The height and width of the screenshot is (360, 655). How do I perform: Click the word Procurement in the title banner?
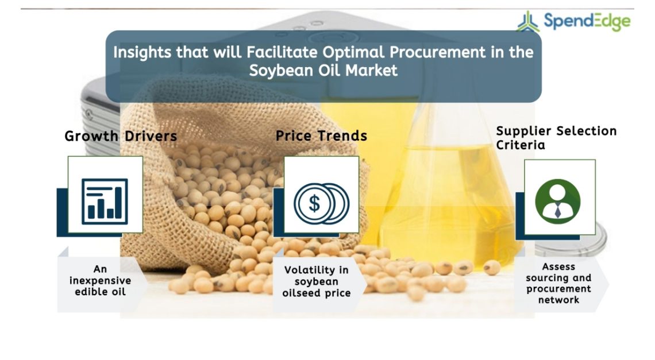(x=438, y=53)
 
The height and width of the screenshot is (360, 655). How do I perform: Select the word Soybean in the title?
(x=282, y=71)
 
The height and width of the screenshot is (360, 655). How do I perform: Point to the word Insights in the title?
(x=142, y=53)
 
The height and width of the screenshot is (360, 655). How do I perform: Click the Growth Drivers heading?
(x=121, y=136)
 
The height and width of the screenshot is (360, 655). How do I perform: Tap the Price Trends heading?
(x=321, y=136)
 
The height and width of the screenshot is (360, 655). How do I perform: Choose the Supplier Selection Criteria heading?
(x=556, y=138)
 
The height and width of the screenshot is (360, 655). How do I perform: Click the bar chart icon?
(x=105, y=202)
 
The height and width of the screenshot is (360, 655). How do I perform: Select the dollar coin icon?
(x=321, y=204)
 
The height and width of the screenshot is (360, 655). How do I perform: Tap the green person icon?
(x=558, y=202)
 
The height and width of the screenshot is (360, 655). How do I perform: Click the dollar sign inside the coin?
(x=314, y=204)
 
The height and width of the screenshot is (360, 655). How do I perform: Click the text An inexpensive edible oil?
(x=100, y=280)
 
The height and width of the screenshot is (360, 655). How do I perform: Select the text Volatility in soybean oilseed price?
(x=316, y=281)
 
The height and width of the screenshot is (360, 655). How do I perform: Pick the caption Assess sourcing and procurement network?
(x=558, y=283)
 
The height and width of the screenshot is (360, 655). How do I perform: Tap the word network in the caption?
(x=558, y=300)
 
